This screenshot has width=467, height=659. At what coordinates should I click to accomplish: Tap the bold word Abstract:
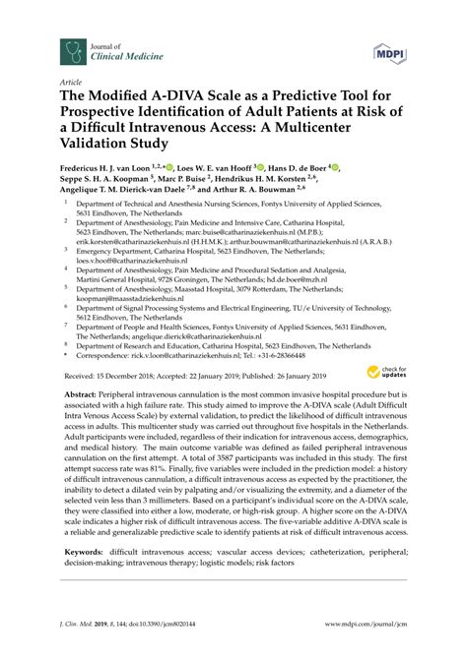(x=82, y=391)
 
